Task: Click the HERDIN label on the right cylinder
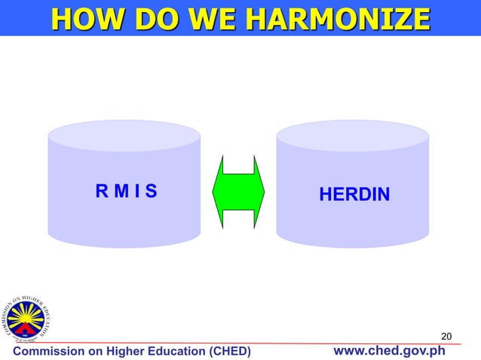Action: pyautogui.click(x=354, y=195)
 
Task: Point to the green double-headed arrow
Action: pyautogui.click(x=239, y=191)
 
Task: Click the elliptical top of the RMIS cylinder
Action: pyautogui.click(x=124, y=136)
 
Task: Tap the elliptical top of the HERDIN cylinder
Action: pyautogui.click(x=353, y=136)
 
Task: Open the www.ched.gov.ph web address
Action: pyautogui.click(x=389, y=351)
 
